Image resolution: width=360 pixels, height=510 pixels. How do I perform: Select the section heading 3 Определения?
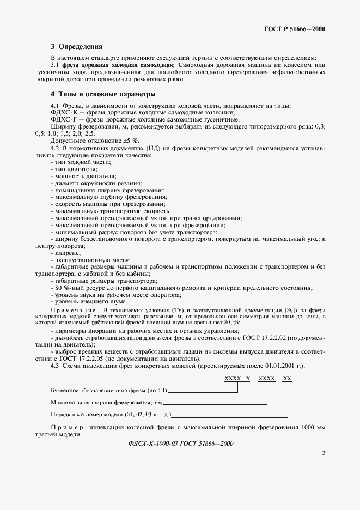point(76,47)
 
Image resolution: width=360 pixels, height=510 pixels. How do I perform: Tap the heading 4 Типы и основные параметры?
point(103,94)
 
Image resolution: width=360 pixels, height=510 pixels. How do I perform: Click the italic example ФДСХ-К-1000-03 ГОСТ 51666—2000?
point(180,443)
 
